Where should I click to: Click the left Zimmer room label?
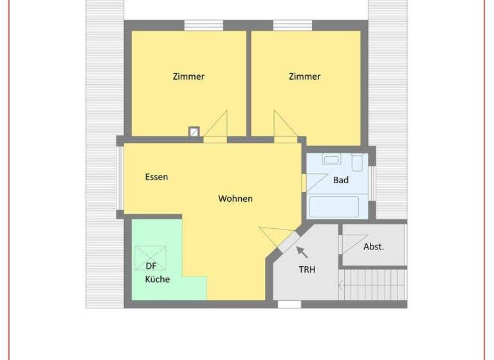188,76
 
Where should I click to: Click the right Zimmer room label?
304,76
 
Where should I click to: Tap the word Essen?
156,177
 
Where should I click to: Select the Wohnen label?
235,199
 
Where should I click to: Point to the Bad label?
341,180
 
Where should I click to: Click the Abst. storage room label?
374,246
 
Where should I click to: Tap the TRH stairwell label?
307,270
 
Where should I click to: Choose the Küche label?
157,279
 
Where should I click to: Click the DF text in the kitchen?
151,267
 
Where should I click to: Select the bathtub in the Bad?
334,207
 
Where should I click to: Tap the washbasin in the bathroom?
332,160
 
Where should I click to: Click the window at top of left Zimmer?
203,26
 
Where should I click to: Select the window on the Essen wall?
119,179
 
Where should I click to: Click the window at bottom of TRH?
289,304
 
